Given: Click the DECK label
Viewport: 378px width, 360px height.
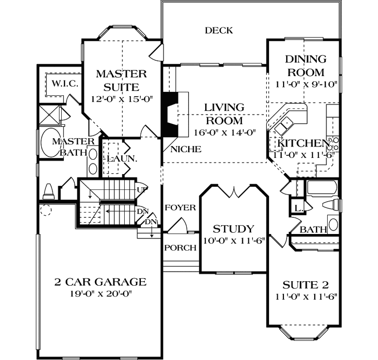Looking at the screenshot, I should (x=219, y=31).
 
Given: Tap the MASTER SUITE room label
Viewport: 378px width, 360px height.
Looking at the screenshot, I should (x=121, y=80).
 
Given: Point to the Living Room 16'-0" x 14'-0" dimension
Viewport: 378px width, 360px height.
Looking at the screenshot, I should (x=224, y=133).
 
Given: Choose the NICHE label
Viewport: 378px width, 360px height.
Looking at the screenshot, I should (x=186, y=149).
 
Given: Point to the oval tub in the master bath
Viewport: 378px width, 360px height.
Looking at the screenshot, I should (x=49, y=142).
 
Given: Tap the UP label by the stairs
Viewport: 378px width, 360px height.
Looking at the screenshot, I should (x=142, y=189).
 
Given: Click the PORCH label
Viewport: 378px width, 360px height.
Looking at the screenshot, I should (x=180, y=247).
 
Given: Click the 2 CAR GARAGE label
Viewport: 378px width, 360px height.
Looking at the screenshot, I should (x=100, y=282).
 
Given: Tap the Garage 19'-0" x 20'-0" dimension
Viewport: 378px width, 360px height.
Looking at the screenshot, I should (x=100, y=294).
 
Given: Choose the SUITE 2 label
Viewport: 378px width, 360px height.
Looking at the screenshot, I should (x=306, y=284).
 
